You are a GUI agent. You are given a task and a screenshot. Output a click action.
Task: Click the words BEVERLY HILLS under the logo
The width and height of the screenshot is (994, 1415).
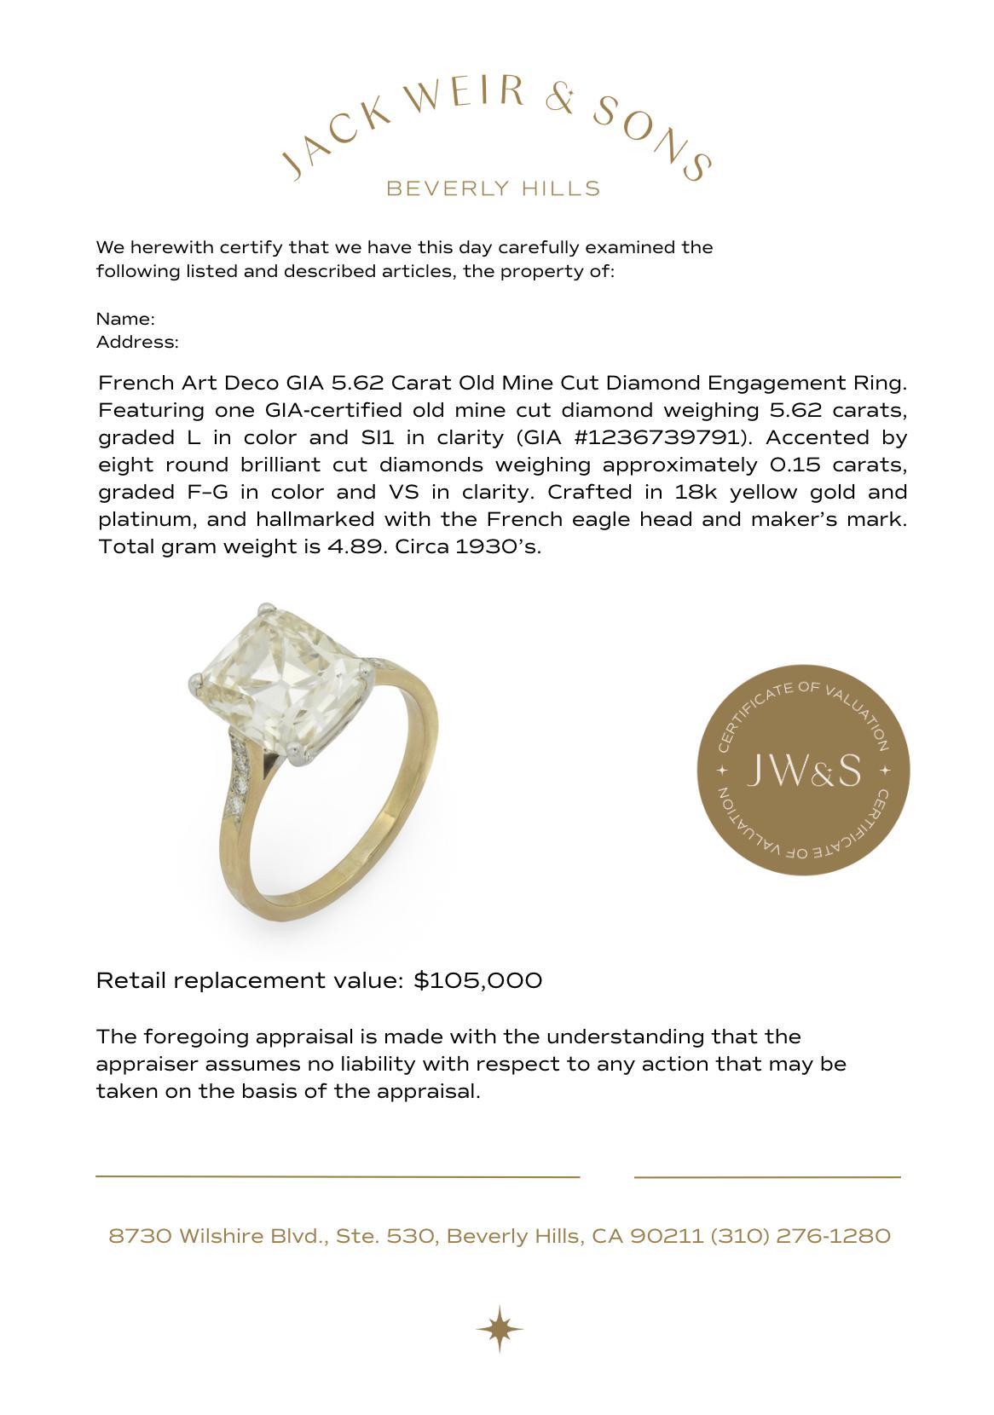(x=494, y=188)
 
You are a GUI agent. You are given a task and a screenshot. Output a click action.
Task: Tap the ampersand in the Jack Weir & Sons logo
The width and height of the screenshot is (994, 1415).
(x=560, y=100)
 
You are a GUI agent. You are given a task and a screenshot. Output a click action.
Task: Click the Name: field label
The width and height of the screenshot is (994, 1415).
(x=125, y=319)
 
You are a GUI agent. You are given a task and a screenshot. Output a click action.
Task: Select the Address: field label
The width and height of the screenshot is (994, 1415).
(x=137, y=343)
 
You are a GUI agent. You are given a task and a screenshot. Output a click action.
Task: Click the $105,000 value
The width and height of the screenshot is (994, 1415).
(x=477, y=980)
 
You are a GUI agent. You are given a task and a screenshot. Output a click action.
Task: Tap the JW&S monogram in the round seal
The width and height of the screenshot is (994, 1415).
(x=803, y=771)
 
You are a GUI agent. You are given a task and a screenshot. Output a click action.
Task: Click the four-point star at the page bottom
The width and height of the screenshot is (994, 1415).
(x=500, y=1328)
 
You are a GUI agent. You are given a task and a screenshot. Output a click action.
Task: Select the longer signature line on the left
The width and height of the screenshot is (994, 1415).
(x=338, y=1176)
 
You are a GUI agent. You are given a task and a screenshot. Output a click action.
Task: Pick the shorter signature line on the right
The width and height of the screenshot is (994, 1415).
(x=767, y=1177)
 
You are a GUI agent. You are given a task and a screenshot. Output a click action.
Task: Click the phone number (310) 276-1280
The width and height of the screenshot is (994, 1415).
(x=800, y=1236)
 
